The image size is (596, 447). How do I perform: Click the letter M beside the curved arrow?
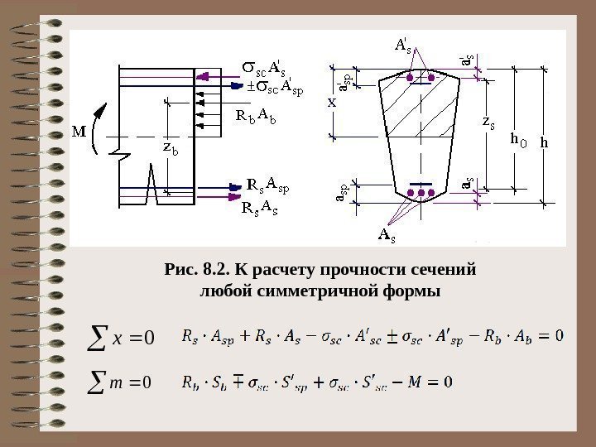79,132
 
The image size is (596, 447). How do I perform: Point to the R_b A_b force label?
256,115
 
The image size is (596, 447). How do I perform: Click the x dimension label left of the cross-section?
332,103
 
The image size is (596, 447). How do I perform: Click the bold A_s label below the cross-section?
387,235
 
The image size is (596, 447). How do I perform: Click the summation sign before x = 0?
97,336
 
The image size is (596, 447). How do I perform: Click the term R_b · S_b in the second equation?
203,382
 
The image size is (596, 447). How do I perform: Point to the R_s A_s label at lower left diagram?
259,207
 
